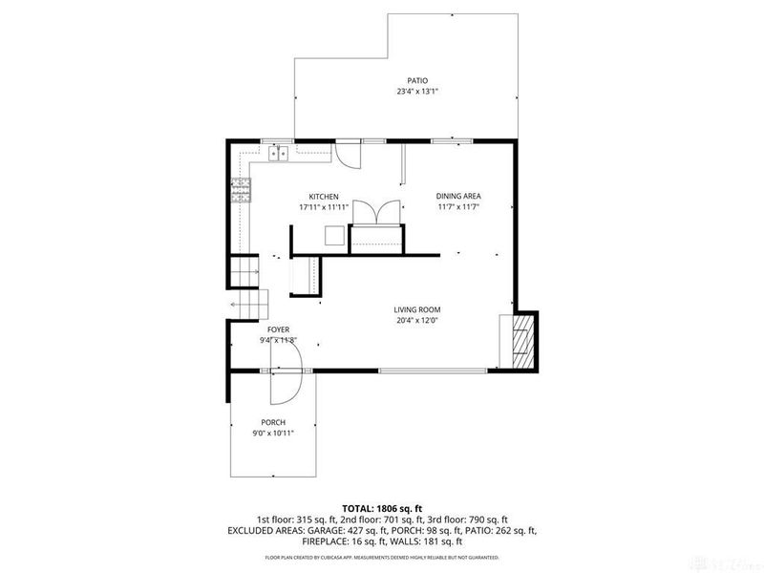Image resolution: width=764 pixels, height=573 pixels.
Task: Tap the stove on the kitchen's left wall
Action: (x=242, y=191)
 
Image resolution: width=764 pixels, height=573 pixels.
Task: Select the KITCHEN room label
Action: (x=323, y=196)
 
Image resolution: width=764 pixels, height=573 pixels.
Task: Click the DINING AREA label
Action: (x=457, y=196)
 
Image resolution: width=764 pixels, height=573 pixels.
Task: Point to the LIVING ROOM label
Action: (x=417, y=309)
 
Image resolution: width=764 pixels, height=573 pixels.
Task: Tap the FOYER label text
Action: (x=278, y=329)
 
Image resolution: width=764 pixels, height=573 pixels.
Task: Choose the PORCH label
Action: (x=273, y=422)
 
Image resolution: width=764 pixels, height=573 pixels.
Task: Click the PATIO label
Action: (x=417, y=81)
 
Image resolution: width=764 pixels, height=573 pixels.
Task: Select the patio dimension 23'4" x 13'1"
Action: (x=417, y=92)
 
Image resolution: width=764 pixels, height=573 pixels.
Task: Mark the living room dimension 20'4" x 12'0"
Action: (x=417, y=320)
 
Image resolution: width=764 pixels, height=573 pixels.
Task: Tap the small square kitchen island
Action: (x=334, y=235)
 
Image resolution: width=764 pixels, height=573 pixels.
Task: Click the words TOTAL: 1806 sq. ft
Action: (x=381, y=508)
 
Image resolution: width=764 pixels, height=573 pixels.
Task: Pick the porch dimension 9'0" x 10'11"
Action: (x=273, y=433)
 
